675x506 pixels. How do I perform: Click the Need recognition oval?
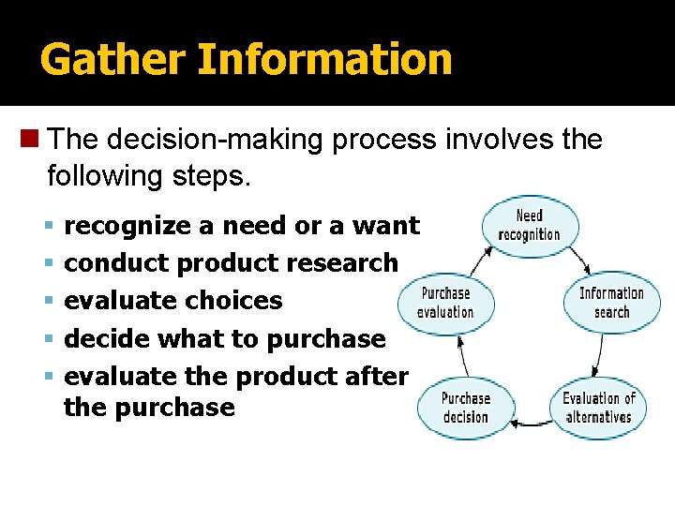(530, 226)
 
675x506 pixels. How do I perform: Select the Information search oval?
(611, 302)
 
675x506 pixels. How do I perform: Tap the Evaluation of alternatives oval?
(598, 408)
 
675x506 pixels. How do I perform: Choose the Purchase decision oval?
(465, 408)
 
